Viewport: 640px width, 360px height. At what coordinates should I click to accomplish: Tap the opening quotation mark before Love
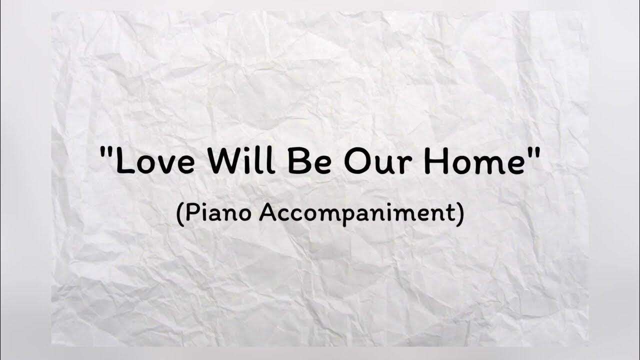click(105, 151)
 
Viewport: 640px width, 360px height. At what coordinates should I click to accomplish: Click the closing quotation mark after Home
click(533, 151)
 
